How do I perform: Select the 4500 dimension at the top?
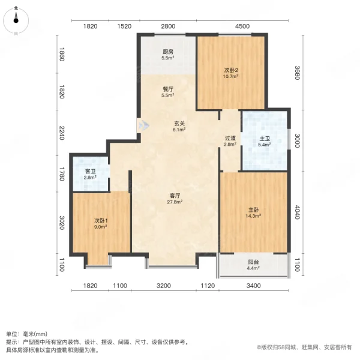pyautogui.click(x=242, y=26)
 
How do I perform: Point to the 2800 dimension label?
pyautogui.click(x=167, y=26)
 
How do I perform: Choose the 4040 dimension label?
pyautogui.click(x=296, y=212)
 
